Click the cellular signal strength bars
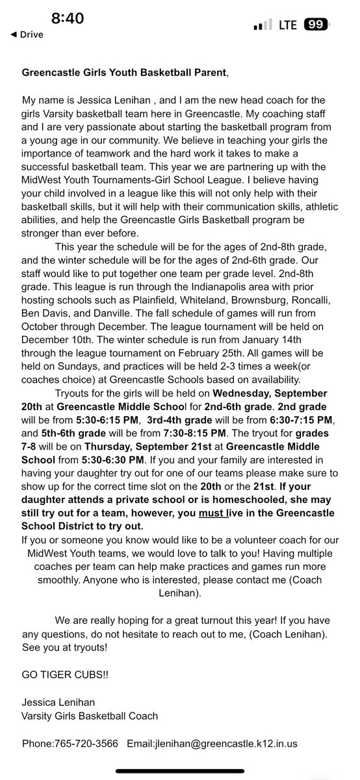pos(261,25)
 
